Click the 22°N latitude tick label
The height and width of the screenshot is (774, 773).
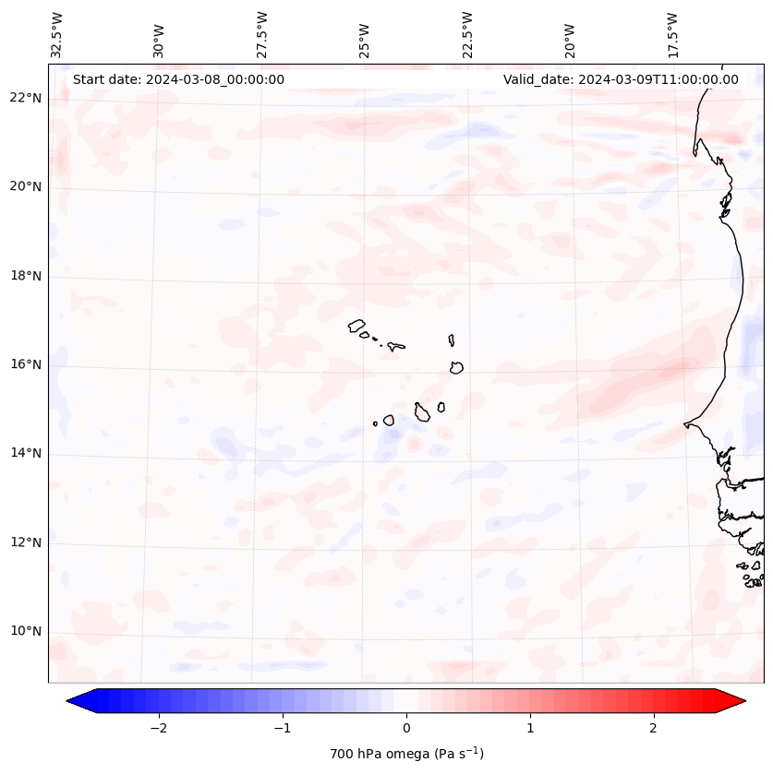[26, 98]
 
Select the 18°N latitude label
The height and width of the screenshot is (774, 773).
[26, 276]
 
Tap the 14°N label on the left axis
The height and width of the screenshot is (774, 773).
[26, 453]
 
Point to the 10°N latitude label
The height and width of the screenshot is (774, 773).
[26, 631]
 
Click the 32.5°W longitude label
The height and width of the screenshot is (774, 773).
[57, 35]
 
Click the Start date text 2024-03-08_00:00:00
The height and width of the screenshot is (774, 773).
[178, 79]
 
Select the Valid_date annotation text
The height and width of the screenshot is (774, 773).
[621, 79]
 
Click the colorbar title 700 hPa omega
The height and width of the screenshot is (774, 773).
[406, 754]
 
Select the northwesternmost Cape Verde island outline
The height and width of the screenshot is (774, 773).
[356, 325]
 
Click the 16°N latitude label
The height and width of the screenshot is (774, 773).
[26, 364]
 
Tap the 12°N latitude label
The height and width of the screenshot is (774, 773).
[26, 542]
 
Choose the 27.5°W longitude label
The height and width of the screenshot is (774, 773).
[262, 35]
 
